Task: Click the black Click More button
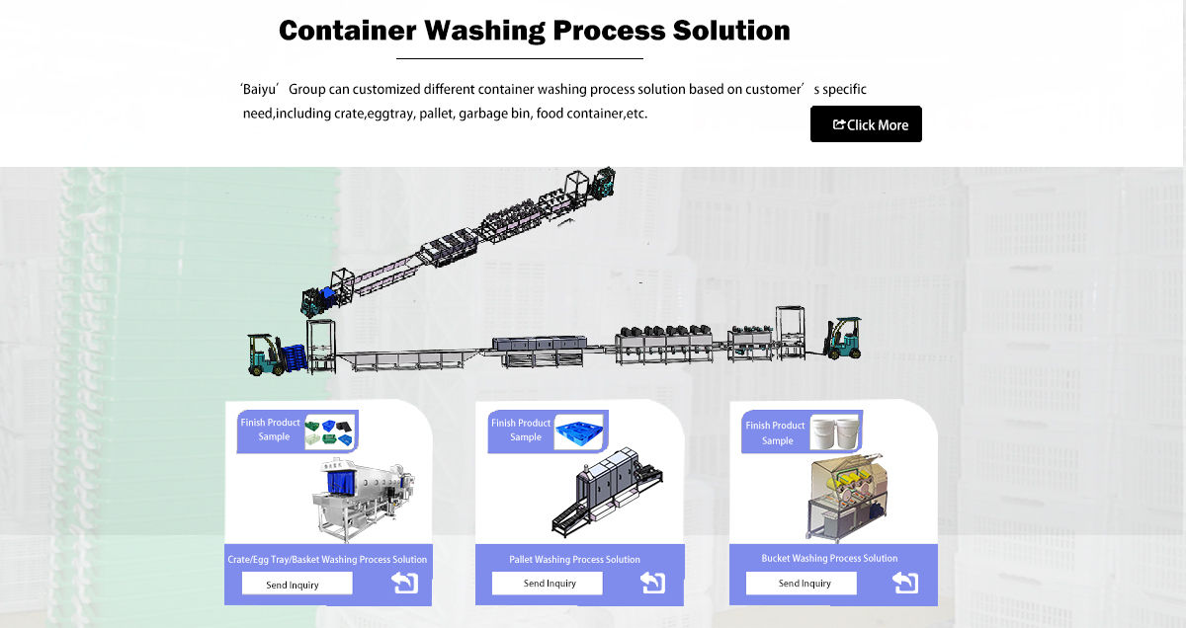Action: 866,124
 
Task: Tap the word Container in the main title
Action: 347,31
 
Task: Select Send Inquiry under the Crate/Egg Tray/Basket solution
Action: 293,585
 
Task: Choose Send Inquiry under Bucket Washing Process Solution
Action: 805,584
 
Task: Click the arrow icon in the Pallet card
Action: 652,583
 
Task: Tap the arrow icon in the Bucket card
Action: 905,583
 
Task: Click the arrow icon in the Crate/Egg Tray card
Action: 405,583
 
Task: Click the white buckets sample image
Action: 834,432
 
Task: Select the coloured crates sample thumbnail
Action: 330,431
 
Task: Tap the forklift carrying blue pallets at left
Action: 272,353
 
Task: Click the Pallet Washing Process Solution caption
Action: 574,559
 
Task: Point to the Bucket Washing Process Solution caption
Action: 829,558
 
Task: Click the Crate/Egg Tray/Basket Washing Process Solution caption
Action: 327,559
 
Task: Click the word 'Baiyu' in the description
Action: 262,89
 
